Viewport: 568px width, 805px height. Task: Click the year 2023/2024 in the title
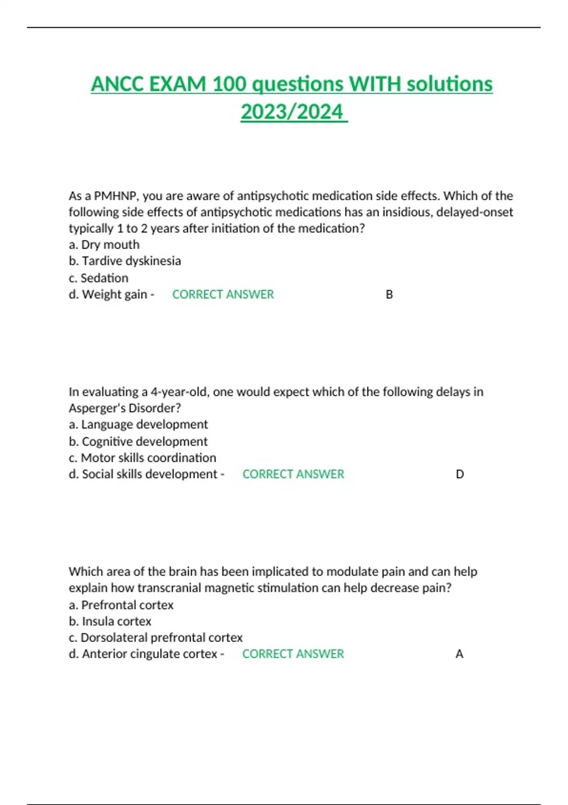click(292, 112)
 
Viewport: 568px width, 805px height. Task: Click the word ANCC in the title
click(118, 84)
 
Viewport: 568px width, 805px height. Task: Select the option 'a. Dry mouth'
click(104, 245)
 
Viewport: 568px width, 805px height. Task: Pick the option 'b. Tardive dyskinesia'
click(125, 261)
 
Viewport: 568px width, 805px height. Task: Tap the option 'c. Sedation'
click(98, 278)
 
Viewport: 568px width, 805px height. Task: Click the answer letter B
click(389, 295)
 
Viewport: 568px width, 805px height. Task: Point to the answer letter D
click(460, 474)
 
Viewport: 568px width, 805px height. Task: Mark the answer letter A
click(459, 654)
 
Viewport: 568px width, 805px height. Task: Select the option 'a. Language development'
click(138, 425)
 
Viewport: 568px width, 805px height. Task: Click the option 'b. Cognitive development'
click(138, 441)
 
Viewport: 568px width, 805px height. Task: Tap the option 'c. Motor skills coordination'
click(142, 458)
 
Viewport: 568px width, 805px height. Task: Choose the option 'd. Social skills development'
click(143, 474)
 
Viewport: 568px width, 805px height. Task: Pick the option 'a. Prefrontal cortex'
click(121, 605)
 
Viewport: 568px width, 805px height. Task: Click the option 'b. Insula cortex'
click(110, 621)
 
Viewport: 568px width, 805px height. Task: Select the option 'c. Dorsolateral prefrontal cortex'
click(156, 638)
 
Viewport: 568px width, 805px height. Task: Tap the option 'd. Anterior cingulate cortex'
click(143, 654)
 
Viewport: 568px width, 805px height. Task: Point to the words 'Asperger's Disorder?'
click(125, 408)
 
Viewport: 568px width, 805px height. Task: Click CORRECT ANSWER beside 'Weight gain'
click(223, 295)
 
